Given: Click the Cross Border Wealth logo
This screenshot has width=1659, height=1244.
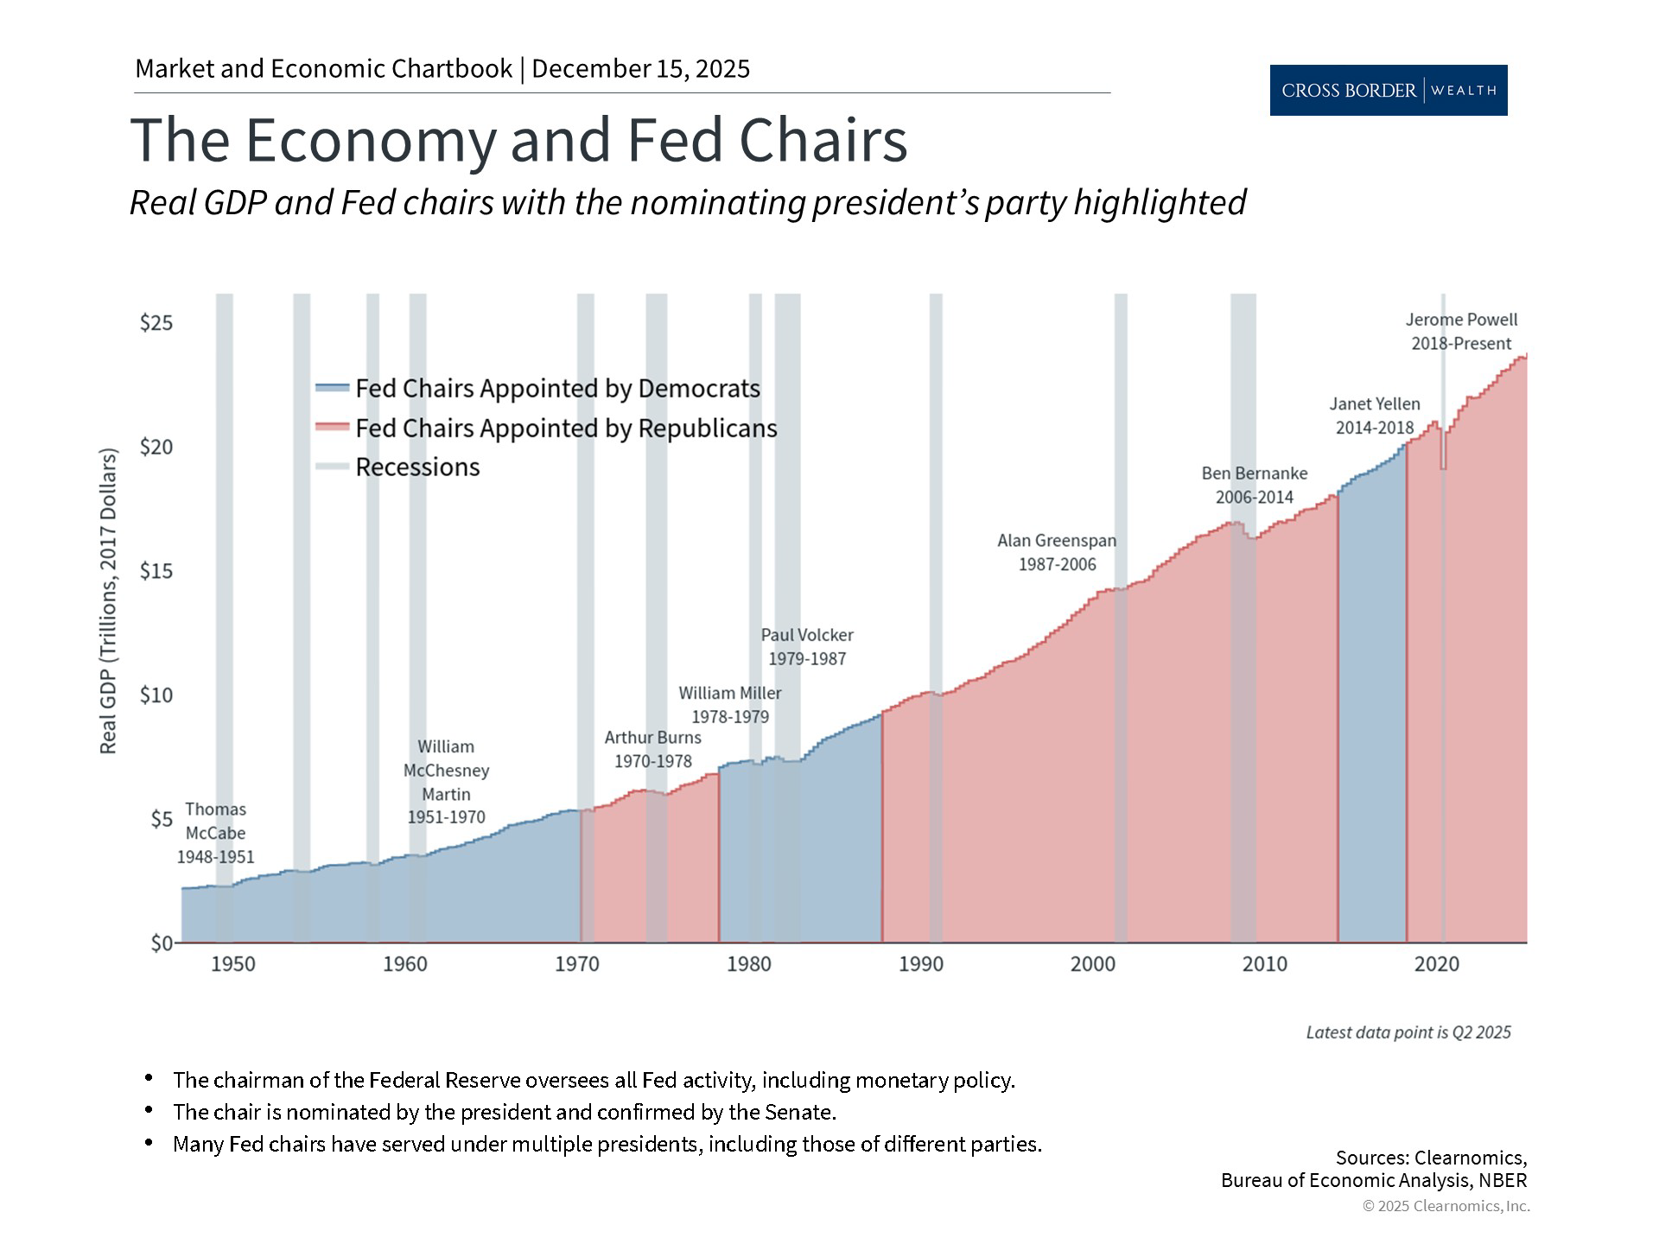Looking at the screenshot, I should point(1388,90).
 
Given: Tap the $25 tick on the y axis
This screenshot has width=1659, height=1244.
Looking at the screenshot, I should point(156,323).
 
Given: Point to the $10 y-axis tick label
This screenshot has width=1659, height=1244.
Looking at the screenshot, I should point(156,695).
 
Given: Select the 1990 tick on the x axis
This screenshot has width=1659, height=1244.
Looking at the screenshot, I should point(920,964).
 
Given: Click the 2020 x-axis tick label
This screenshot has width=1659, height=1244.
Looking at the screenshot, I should point(1436,964).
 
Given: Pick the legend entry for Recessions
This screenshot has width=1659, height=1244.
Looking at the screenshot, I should point(416,467).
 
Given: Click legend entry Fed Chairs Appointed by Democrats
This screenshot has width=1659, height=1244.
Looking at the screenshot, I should point(557,389).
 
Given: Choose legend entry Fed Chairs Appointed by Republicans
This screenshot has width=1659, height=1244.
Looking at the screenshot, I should point(566,428).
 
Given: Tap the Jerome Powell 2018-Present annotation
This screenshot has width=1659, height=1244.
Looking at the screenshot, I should point(1461,332).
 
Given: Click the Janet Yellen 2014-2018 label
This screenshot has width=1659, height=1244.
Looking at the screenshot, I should point(1374,416).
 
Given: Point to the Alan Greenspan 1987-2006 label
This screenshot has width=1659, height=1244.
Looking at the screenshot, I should point(1057,553).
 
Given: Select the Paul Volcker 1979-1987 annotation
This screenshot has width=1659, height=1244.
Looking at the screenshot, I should point(807,647).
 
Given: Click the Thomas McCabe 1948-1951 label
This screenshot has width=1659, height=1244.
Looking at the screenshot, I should point(216,833).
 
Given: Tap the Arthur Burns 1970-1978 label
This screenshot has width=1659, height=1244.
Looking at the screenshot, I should point(652,750).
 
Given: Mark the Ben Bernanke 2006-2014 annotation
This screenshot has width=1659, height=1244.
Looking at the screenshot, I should point(1254,486).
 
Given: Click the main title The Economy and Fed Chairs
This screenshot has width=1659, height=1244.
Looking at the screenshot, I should point(518,140).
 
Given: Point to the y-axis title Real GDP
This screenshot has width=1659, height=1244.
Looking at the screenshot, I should point(108,600).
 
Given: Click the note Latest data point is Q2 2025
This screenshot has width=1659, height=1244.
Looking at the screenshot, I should point(1408,1032).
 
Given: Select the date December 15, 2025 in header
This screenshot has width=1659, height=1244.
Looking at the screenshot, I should point(640,69).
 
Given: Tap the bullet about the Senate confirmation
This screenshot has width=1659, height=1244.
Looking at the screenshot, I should point(504,1112).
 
